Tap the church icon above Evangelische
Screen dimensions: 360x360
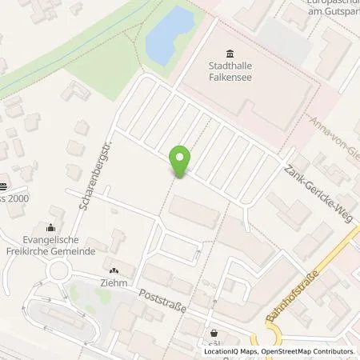(x=52, y=227)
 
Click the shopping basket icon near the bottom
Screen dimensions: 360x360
(x=214, y=333)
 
